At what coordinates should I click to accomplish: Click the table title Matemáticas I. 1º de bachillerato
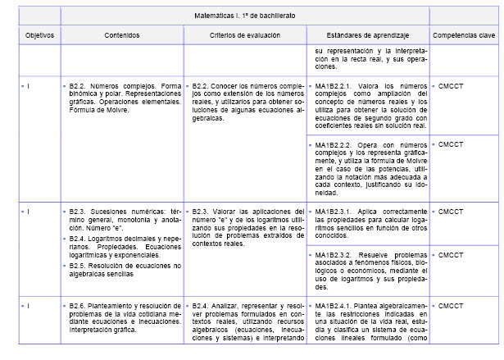click(245, 16)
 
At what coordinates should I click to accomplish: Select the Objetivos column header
click(39, 36)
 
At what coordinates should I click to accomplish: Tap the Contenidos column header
click(122, 36)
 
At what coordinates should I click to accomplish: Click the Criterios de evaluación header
click(244, 36)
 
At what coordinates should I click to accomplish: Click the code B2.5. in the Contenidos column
click(79, 266)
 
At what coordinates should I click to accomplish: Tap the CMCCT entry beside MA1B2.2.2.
click(452, 144)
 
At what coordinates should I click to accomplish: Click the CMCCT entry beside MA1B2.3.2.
click(452, 255)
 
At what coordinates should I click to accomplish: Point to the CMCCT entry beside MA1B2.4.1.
click(452, 306)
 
